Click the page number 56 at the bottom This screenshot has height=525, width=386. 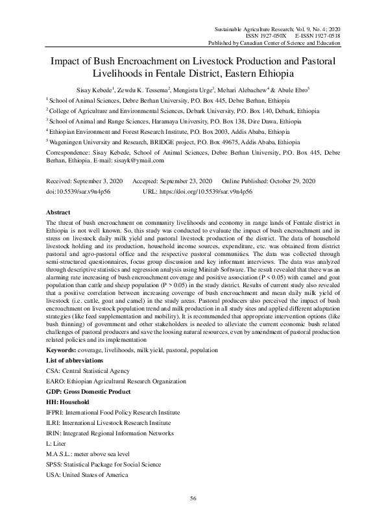(193, 498)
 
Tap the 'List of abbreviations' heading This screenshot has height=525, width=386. (75, 360)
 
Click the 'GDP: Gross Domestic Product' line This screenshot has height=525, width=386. (88, 392)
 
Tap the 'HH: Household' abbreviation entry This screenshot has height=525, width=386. (68, 402)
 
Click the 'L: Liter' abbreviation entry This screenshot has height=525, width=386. (58, 444)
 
